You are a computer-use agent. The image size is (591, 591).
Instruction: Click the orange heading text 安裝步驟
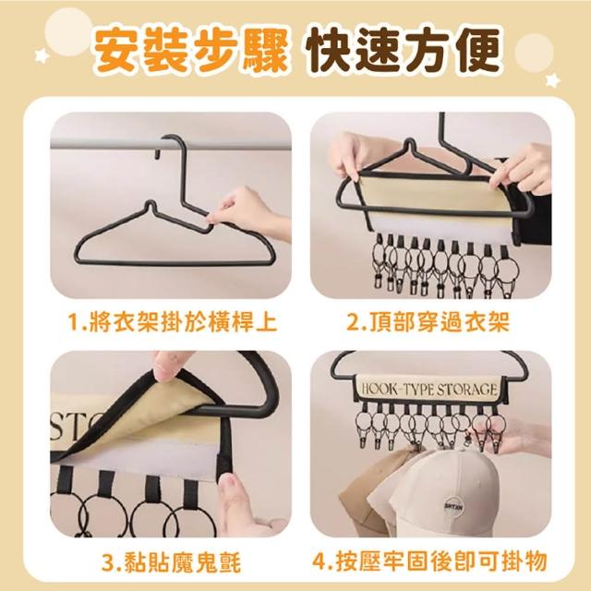(x=191, y=50)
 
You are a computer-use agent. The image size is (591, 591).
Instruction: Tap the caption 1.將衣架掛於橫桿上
(x=173, y=322)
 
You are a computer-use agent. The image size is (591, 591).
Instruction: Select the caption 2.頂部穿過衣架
(x=428, y=322)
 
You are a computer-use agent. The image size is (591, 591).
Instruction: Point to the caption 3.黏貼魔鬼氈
(x=171, y=562)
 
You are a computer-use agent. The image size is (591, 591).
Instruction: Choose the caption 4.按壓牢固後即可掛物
(x=429, y=561)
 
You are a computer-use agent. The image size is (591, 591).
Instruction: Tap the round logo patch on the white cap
(x=452, y=505)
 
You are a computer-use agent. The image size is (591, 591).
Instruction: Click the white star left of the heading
(x=42, y=55)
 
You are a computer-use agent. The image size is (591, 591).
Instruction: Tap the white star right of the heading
(x=552, y=80)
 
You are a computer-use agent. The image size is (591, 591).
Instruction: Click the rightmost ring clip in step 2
(x=507, y=270)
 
